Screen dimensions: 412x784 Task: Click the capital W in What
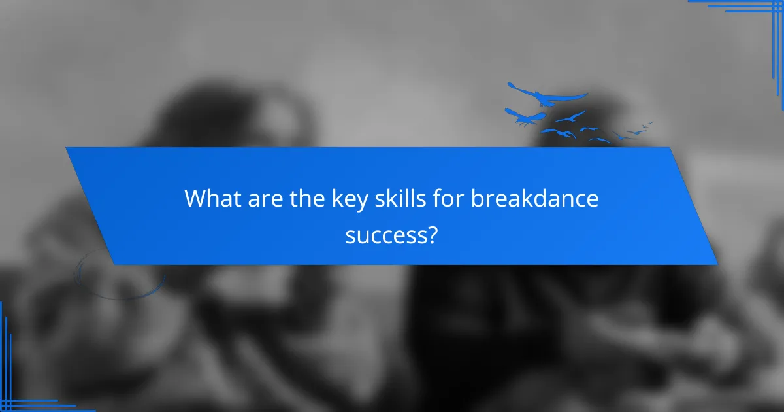point(195,198)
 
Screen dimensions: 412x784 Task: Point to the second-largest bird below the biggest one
point(527,118)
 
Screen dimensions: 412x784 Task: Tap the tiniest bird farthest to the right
point(649,123)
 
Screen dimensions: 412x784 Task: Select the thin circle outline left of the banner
point(120,273)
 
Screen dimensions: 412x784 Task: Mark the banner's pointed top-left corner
point(67,148)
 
